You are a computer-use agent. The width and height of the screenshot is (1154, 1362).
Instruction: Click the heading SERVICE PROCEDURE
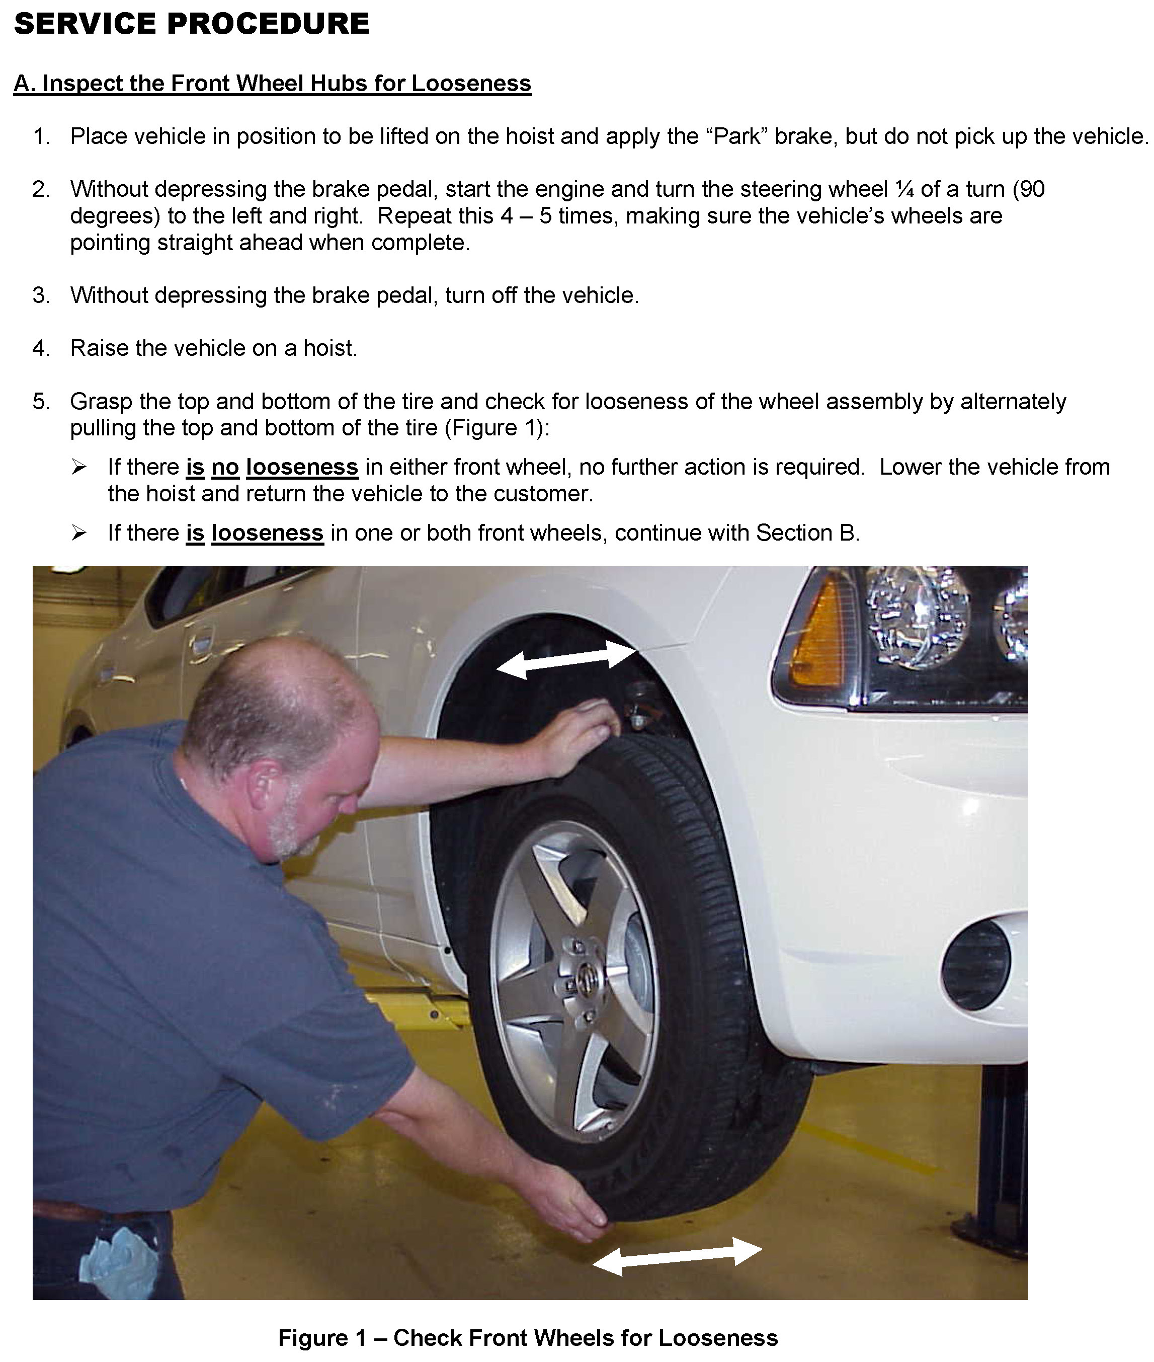(192, 24)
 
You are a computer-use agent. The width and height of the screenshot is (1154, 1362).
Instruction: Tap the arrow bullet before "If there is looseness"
(79, 534)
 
